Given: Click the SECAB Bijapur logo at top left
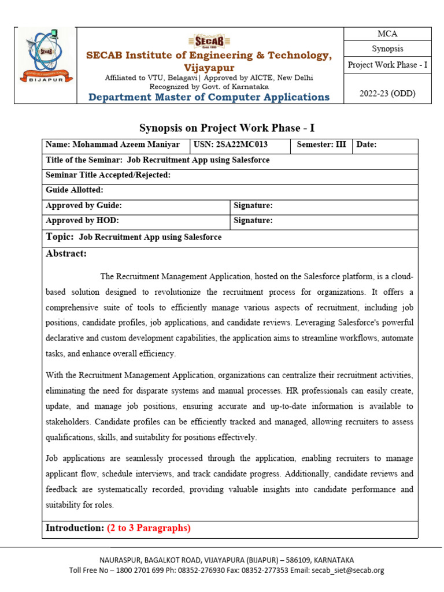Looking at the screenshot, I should tap(45, 65).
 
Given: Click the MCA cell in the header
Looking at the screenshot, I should tap(387, 34).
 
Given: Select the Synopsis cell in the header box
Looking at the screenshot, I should tap(387, 49).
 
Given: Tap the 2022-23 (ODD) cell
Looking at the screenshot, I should tap(387, 92).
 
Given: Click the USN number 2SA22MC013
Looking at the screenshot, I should tap(238, 145).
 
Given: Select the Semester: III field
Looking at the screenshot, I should tap(321, 145).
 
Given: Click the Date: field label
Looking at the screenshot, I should tap(367, 145).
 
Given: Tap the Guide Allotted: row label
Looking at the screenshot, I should tap(75, 190).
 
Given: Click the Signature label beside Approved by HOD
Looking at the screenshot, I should tap(253, 220).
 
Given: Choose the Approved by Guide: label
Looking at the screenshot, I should tap(84, 205).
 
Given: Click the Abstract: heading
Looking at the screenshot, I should tap(66, 253).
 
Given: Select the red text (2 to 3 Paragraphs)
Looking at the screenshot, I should tap(149, 528).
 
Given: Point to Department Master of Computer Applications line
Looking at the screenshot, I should tap(209, 97).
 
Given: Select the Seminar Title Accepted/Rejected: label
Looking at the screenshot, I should tap(108, 175).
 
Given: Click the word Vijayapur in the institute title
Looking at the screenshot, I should tap(209, 68).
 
